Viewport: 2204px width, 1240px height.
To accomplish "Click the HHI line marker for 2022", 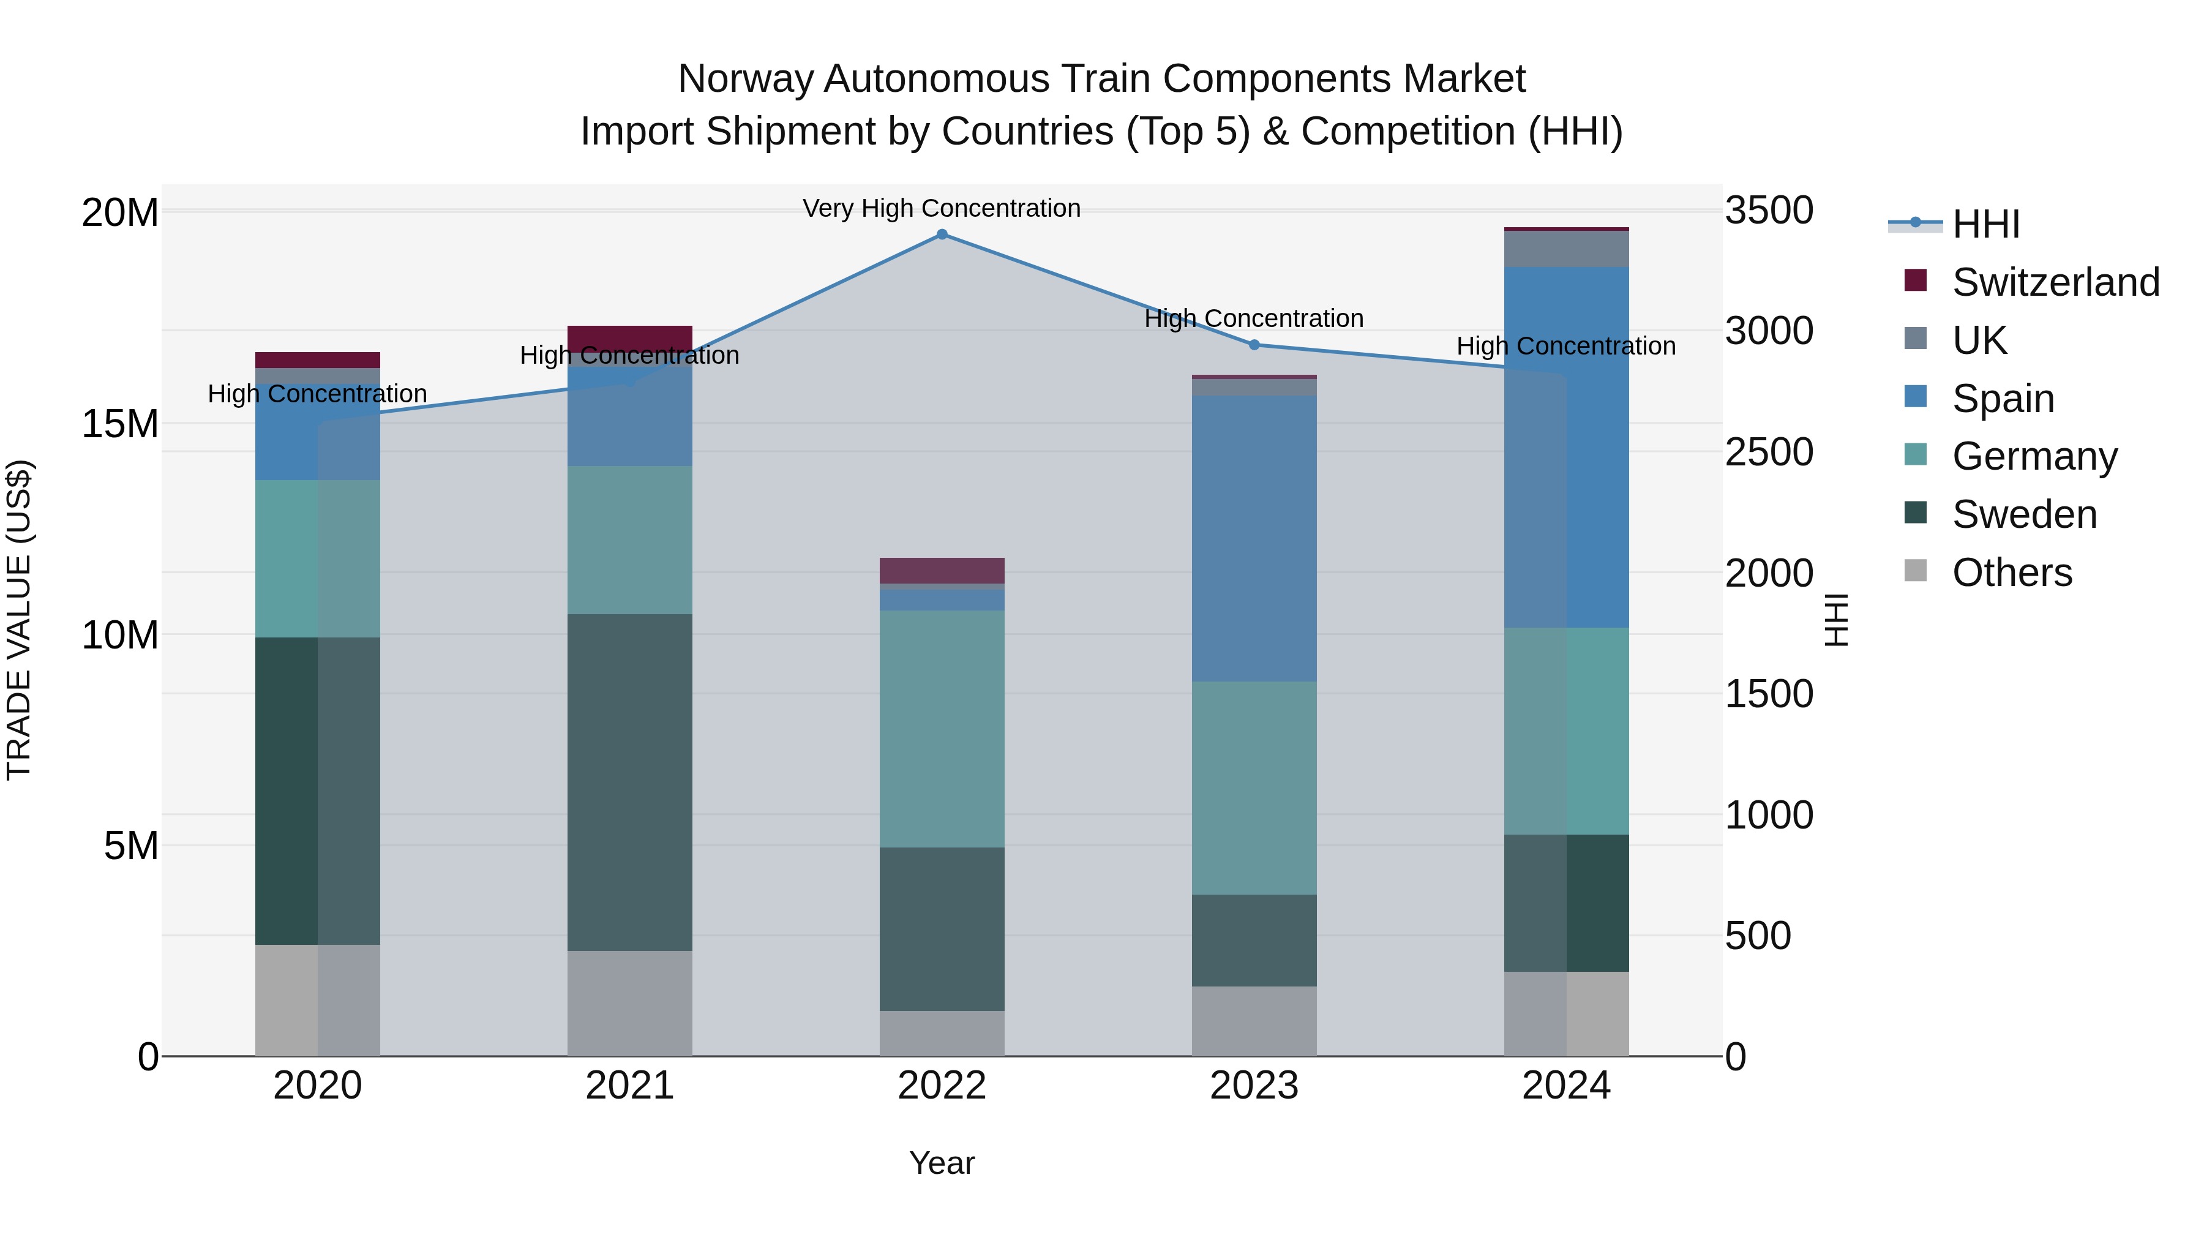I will tap(942, 235).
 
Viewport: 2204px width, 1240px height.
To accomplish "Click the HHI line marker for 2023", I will tap(1254, 345).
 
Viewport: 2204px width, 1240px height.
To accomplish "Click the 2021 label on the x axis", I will tap(630, 1086).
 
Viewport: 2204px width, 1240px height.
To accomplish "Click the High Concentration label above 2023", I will tap(1254, 318).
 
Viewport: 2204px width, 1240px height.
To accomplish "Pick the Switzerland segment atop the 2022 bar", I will tap(942, 570).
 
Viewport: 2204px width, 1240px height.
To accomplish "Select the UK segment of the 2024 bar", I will tap(1567, 249).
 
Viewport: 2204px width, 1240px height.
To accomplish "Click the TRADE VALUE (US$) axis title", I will tap(19, 620).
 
